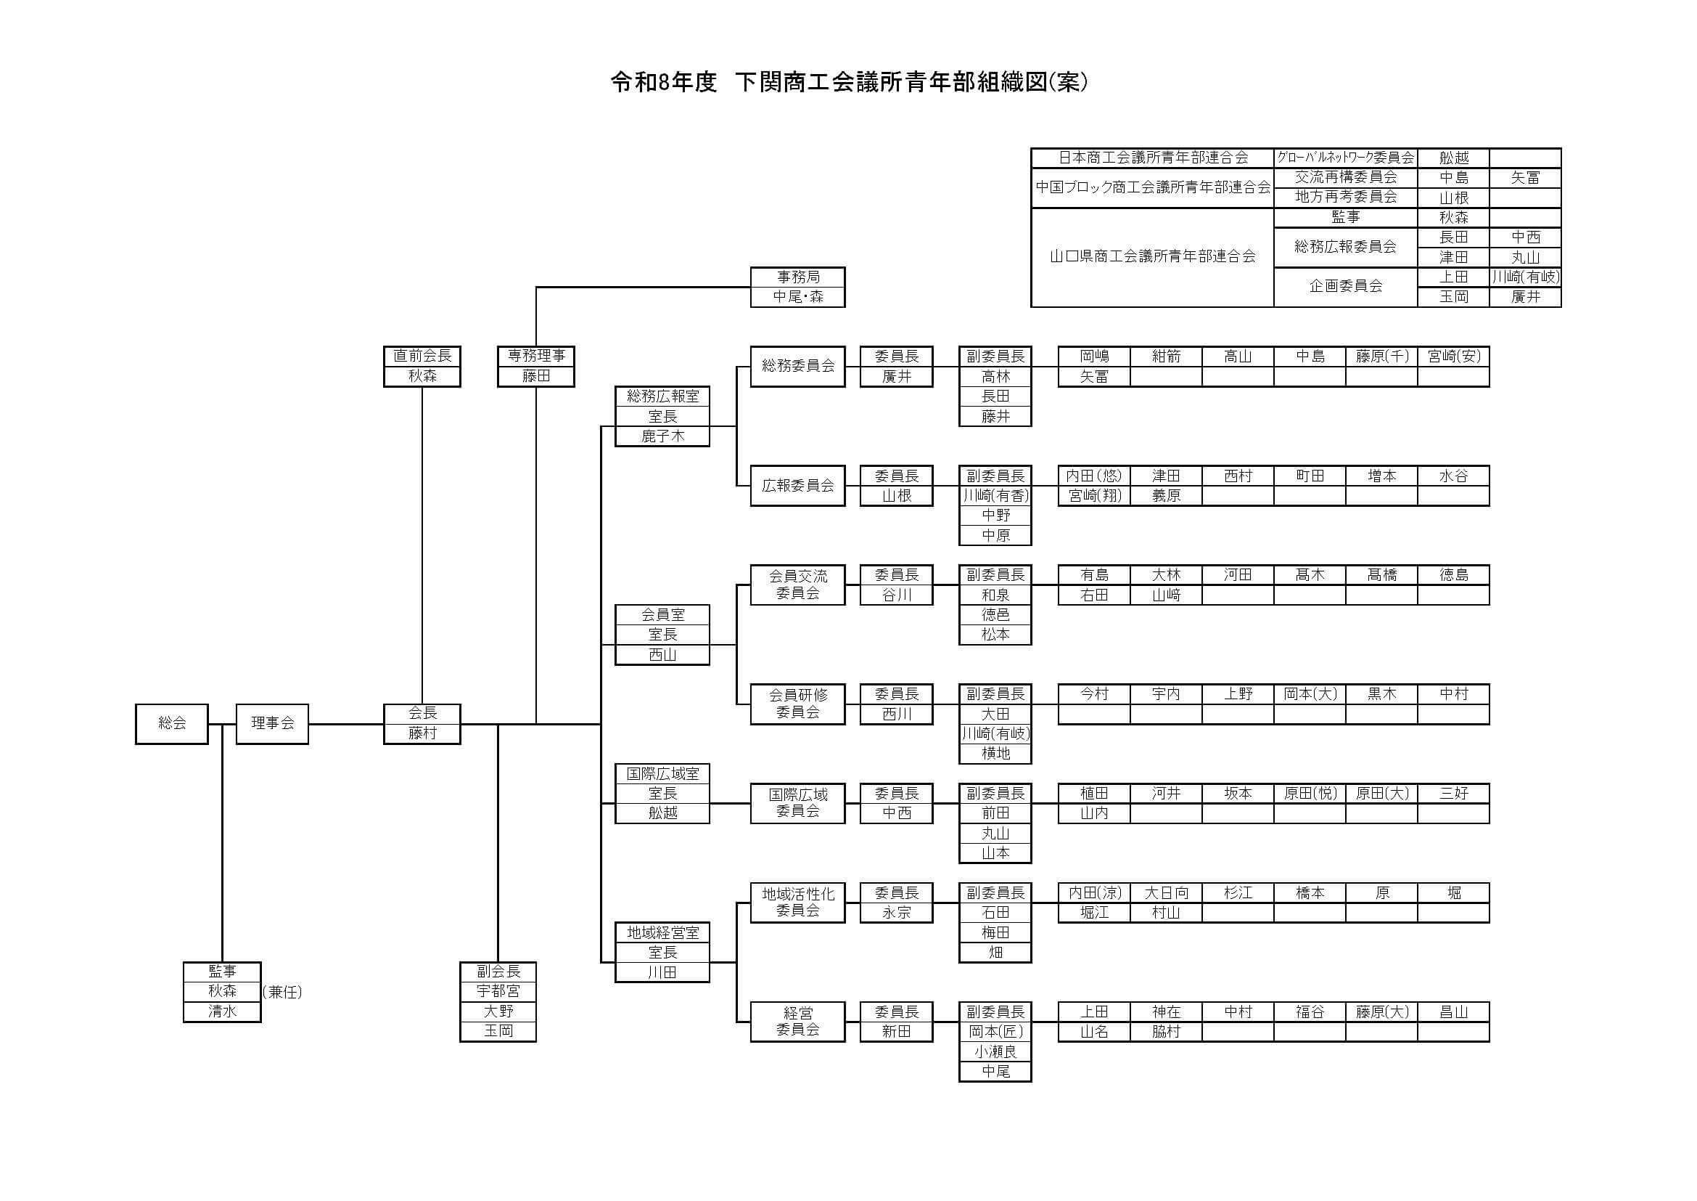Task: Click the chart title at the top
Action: (849, 82)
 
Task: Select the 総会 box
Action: (171, 723)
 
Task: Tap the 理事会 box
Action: (272, 723)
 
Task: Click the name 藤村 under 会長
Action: (422, 733)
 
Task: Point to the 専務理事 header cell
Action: (536, 356)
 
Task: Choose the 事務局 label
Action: (797, 277)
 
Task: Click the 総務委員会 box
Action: (797, 365)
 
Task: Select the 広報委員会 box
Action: (797, 485)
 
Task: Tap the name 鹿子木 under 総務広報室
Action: (662, 436)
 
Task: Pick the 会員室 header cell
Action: (662, 614)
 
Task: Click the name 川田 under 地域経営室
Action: (662, 972)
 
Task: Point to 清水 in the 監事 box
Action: (222, 1011)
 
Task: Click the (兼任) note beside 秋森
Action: (282, 992)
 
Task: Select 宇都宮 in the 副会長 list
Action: (498, 991)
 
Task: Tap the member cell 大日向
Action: (1166, 892)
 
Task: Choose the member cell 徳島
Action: (1453, 574)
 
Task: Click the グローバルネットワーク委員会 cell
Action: (1345, 158)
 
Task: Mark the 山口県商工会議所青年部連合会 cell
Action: (1152, 256)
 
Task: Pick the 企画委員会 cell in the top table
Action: (1345, 286)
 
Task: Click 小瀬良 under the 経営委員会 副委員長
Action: (995, 1051)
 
